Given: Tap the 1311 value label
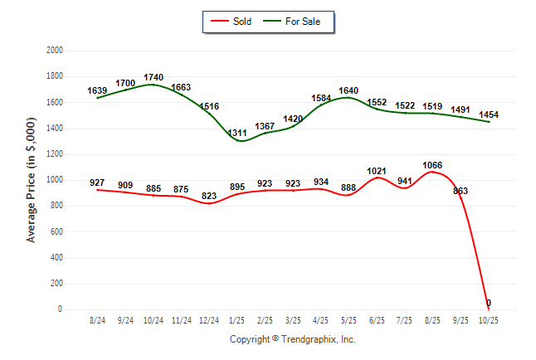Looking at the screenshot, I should (x=237, y=133).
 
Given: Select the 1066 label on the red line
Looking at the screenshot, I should (x=432, y=164).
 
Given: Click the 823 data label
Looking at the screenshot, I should (x=209, y=196).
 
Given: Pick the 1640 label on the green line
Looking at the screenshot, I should (x=348, y=90).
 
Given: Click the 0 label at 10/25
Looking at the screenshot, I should (x=489, y=303).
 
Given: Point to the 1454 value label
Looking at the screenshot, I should (x=489, y=114).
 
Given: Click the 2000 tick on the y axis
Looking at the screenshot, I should (x=55, y=51).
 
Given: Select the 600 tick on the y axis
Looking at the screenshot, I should (x=57, y=231).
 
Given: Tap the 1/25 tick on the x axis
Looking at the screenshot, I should (x=237, y=319).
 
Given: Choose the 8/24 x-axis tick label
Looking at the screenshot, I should (x=98, y=319).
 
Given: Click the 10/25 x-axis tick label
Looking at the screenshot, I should (x=489, y=319).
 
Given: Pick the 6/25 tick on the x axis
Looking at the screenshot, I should (x=377, y=319).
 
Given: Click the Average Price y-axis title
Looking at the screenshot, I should (x=32, y=179).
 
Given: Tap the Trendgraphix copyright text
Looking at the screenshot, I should (x=292, y=339).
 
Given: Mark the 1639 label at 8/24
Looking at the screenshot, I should (x=98, y=90).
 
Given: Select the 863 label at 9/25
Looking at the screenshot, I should (x=460, y=191).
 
